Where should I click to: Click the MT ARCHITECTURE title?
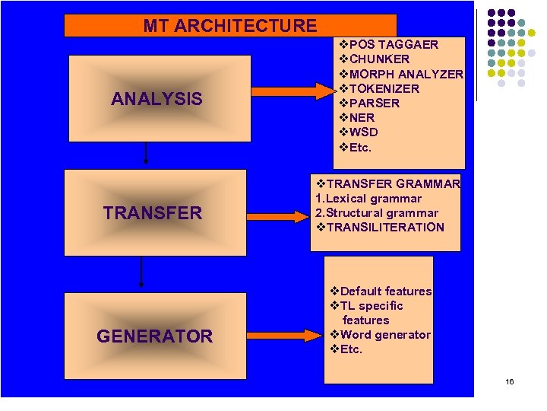230,26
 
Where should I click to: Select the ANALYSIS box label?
157,99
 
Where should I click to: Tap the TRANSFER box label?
153,213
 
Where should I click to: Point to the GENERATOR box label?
154,336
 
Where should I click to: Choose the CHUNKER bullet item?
378,59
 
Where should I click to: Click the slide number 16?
509,381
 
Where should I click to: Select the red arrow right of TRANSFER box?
291,216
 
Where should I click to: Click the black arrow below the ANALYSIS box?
145,152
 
